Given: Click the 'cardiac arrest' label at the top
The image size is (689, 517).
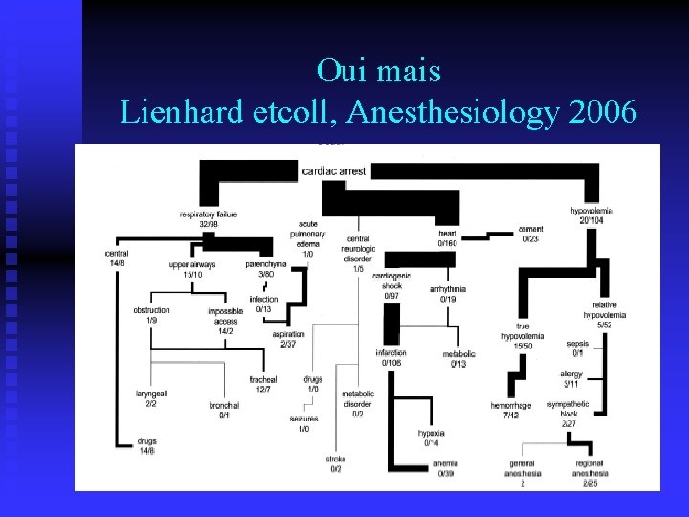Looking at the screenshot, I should pos(334,171).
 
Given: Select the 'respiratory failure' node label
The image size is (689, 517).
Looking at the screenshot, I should pos(208,214).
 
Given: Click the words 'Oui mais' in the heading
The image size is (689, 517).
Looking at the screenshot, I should pos(378,72).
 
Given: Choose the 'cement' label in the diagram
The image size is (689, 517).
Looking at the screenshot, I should pos(531,230).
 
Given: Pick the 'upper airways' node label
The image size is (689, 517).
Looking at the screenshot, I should pos(192,264).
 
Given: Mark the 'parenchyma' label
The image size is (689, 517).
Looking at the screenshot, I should pos(265,263).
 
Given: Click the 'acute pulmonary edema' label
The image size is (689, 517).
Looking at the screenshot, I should pos(308,234).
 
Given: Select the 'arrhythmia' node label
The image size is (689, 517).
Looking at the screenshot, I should pos(448,288).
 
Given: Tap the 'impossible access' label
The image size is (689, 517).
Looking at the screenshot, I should pos(226,316).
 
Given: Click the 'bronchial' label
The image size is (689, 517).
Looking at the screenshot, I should pos(224,405).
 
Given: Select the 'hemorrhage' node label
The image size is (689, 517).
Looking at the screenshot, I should pos(510,406).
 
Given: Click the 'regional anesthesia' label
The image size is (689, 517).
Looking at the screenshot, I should pos(589,467).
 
